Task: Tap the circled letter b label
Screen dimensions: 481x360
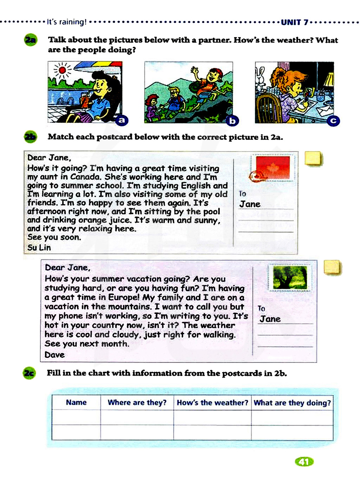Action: [233, 121]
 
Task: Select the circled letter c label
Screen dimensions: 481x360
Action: [333, 121]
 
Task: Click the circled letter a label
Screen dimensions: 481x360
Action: [122, 120]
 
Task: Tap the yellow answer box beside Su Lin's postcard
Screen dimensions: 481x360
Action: [313, 158]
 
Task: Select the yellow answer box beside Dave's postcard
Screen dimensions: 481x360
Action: [332, 268]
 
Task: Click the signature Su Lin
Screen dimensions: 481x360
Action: [39, 248]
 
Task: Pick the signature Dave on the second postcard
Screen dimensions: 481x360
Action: [55, 355]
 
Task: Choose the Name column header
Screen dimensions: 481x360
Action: [76, 403]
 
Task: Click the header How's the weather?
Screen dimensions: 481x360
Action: [212, 403]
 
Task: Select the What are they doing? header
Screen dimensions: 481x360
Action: [292, 403]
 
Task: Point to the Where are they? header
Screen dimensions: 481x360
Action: [137, 403]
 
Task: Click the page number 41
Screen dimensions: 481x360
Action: [304, 462]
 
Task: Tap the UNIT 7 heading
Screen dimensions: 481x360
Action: [294, 22]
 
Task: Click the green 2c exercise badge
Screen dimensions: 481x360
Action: [29, 373]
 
